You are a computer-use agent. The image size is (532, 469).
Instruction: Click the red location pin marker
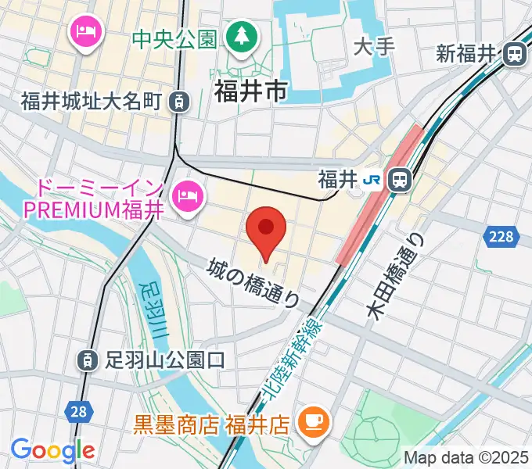tap(267, 229)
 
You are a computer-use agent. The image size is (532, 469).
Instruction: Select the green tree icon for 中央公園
tap(241, 36)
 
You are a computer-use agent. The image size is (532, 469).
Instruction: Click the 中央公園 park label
tap(174, 38)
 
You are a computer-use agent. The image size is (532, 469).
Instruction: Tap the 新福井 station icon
tap(515, 53)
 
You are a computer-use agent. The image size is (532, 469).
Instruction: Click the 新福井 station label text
tap(467, 54)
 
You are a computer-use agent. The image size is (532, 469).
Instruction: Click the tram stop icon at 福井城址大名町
tap(180, 100)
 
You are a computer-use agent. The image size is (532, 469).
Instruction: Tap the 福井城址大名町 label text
tap(91, 101)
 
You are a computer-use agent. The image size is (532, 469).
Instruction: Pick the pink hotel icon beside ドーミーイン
tap(186, 191)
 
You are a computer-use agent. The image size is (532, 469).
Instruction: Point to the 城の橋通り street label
tap(254, 282)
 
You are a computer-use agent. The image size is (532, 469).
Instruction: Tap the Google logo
tap(52, 450)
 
